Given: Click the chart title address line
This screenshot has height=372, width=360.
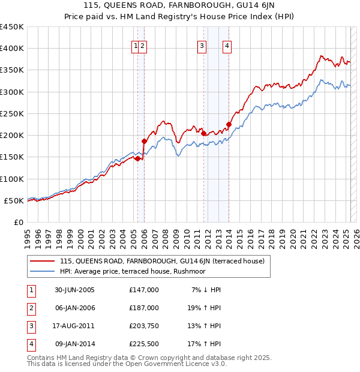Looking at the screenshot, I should [x=179, y=7].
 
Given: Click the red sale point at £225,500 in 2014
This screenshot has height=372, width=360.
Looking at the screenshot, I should [x=229, y=124].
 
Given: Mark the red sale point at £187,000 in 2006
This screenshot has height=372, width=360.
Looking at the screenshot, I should [x=144, y=141].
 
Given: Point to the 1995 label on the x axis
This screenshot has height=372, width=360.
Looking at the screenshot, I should [x=27, y=235].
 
